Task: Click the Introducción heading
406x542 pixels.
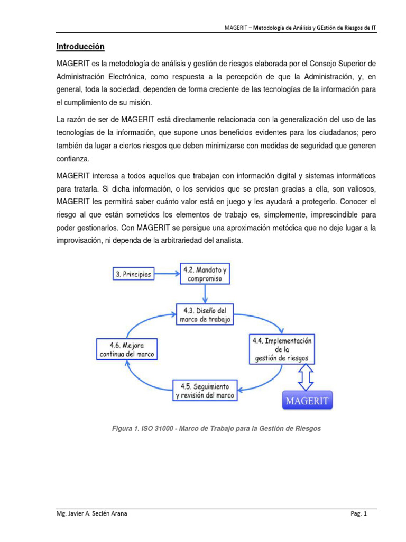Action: pos(80,47)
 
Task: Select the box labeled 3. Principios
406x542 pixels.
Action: pos(134,274)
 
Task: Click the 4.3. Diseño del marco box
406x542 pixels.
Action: pos(204,314)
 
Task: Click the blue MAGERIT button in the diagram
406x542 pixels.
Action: pos(307,401)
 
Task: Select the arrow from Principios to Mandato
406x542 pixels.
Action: pos(167,274)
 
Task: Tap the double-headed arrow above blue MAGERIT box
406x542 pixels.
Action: pos(306,378)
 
